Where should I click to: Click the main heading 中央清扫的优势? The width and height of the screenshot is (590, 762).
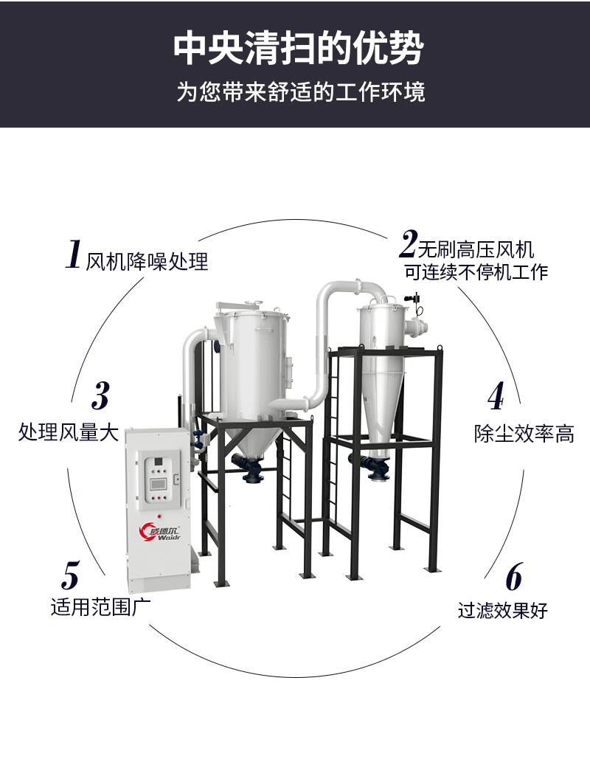coord(299,49)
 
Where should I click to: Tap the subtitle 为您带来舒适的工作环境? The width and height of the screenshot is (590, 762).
coord(300,92)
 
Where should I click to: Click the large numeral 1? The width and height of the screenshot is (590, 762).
coord(74,254)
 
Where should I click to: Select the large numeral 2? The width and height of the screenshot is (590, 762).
coord(409,244)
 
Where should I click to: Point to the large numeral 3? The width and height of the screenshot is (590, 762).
coord(100,396)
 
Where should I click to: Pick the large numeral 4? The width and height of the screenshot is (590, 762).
coord(496,396)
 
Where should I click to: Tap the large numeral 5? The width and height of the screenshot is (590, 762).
coord(71,575)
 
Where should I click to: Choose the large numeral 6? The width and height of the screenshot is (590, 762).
coord(514,576)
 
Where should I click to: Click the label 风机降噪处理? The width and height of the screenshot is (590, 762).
coord(147,262)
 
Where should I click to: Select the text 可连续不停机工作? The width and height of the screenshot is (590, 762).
coord(476,272)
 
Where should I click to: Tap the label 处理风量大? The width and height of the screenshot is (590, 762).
coord(69,432)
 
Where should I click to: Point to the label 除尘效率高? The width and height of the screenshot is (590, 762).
coord(524,434)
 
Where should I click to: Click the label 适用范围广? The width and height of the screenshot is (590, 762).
coord(100,607)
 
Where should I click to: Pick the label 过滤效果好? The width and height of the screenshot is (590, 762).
coord(502,610)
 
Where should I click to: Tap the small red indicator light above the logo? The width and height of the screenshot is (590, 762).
coord(159,515)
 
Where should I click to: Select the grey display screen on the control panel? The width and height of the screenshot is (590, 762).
coord(159,484)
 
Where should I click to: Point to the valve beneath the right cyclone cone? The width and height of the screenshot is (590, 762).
coord(378,468)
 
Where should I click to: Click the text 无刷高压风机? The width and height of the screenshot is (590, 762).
coord(476,250)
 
